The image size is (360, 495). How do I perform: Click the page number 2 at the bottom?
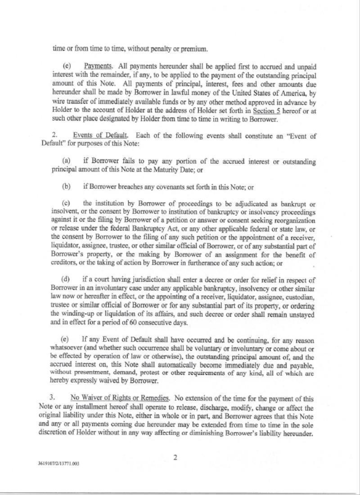[x=175, y=458]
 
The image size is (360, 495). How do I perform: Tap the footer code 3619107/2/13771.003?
[x=59, y=463]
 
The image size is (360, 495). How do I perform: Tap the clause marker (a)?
[x=66, y=162]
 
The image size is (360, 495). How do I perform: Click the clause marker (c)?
[x=66, y=204]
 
